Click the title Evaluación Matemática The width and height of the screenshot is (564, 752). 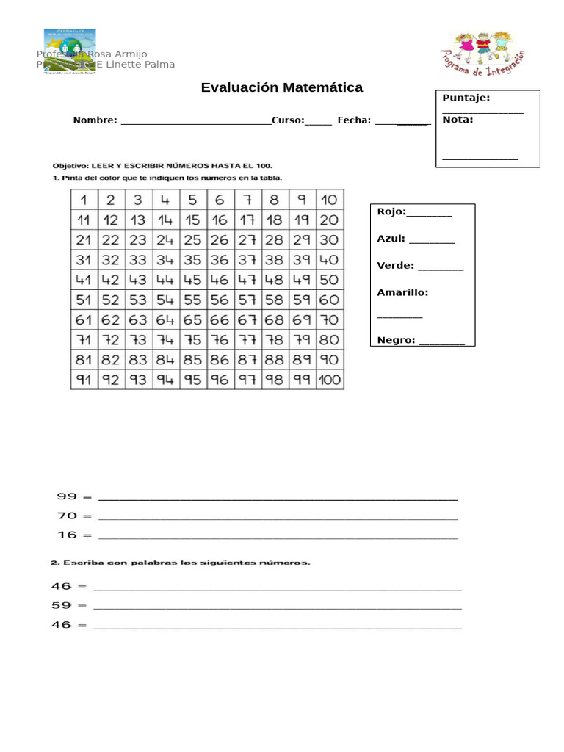[x=282, y=88]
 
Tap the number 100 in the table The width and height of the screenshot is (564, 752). [x=330, y=380]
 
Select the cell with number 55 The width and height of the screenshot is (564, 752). [x=192, y=300]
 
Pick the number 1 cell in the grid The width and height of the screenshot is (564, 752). [x=84, y=200]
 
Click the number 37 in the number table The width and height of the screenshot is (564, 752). [x=247, y=260]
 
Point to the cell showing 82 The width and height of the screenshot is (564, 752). [x=111, y=360]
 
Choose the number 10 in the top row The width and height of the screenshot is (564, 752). [x=330, y=200]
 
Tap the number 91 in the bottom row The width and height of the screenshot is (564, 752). [x=84, y=380]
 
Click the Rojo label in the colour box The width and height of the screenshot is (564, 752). [x=391, y=211]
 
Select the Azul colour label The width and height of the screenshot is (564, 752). [x=391, y=239]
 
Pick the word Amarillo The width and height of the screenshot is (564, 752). [x=402, y=292]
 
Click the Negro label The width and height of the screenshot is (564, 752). [x=396, y=340]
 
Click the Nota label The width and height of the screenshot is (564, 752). [x=458, y=119]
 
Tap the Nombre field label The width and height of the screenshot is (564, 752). [x=95, y=120]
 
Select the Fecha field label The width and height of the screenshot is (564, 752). [x=354, y=120]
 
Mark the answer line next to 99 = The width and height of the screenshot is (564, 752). [x=278, y=498]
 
